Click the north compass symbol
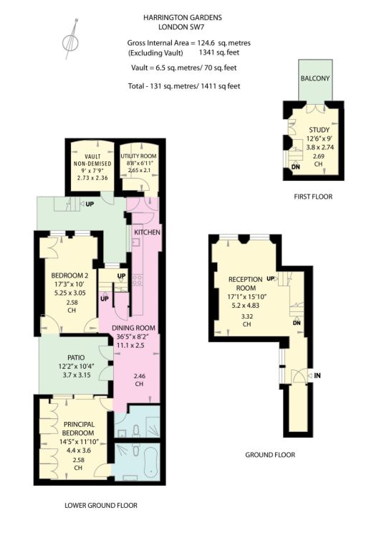pos(70,40)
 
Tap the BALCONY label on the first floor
pos(315,78)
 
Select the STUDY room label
pos(319,130)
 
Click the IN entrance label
pos(317,376)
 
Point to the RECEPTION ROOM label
pos(246,283)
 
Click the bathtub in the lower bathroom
pos(152,461)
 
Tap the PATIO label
pos(76,357)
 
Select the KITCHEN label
pos(148,232)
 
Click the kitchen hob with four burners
pos(137,280)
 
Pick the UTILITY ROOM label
pos(138,156)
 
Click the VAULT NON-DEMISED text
pos(92,160)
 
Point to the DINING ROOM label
pos(133,328)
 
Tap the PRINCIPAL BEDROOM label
pos(79,429)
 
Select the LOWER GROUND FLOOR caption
pos(101,505)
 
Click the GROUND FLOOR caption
pos(270,455)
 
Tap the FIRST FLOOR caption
pos(313,197)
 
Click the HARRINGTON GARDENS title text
pos(183,17)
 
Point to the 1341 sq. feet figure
pos(219,52)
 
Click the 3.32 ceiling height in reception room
pos(247,316)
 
